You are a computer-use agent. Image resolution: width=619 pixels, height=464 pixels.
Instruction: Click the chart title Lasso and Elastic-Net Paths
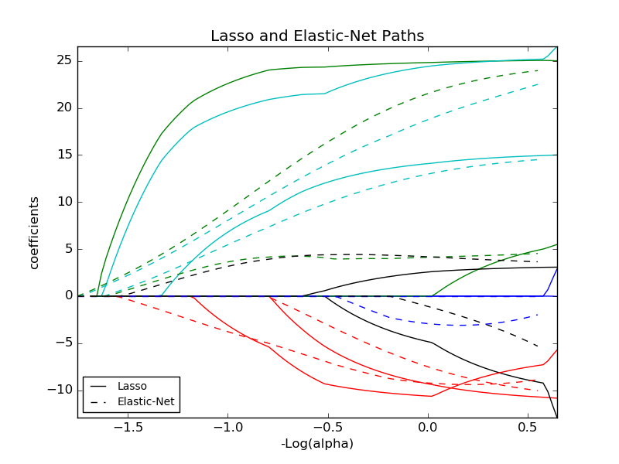[x=317, y=36]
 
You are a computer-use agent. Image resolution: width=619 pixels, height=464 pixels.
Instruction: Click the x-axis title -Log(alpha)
[x=317, y=444]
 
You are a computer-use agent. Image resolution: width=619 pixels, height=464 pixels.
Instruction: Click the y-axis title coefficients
[x=34, y=232]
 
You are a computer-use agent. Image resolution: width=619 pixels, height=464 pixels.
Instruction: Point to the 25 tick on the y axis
[x=63, y=60]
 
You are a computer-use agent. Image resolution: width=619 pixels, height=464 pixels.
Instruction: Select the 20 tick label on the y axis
[x=63, y=107]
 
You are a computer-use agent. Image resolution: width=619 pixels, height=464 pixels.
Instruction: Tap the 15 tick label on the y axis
[x=63, y=155]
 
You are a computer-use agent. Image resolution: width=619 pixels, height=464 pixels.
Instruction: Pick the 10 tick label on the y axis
[x=63, y=202]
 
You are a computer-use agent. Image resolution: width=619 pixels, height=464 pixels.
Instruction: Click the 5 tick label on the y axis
[x=67, y=249]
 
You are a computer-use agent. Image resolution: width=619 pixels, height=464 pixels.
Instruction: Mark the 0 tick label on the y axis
[x=67, y=296]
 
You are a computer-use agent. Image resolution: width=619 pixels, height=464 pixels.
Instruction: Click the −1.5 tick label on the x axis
[x=127, y=427]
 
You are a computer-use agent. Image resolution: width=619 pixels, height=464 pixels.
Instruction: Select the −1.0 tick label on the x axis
[x=227, y=427]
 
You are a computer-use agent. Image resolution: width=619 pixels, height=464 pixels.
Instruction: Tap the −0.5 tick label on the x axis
[x=327, y=427]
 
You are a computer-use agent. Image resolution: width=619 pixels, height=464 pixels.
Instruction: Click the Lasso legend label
[x=132, y=386]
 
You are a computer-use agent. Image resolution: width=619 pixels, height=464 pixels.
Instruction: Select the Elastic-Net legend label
[x=145, y=402]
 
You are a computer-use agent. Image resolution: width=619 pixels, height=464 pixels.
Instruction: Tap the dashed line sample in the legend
[x=99, y=402]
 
